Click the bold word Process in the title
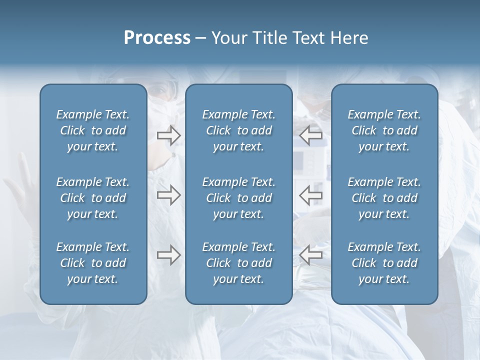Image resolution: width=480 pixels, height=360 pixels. (x=157, y=38)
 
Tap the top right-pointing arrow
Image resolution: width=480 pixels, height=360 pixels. (x=168, y=135)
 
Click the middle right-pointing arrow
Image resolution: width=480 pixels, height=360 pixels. (x=168, y=195)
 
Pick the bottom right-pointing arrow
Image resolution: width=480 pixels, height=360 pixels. (x=168, y=255)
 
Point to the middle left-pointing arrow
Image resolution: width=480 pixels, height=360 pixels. (x=310, y=195)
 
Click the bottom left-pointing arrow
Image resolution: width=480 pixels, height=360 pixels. (x=310, y=255)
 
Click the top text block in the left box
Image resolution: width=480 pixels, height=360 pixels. (x=93, y=130)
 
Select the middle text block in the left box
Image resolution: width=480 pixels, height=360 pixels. (x=93, y=198)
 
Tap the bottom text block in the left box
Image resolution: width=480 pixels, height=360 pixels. (x=93, y=263)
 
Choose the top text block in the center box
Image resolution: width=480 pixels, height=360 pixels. (x=238, y=130)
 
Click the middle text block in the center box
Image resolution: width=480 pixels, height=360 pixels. (x=238, y=198)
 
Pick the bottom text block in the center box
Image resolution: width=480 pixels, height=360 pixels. (x=238, y=263)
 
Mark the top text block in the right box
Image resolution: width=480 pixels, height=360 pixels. (x=384, y=130)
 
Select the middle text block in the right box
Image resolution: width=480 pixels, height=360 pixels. (x=384, y=198)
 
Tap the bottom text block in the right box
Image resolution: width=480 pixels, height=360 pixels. (x=384, y=263)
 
